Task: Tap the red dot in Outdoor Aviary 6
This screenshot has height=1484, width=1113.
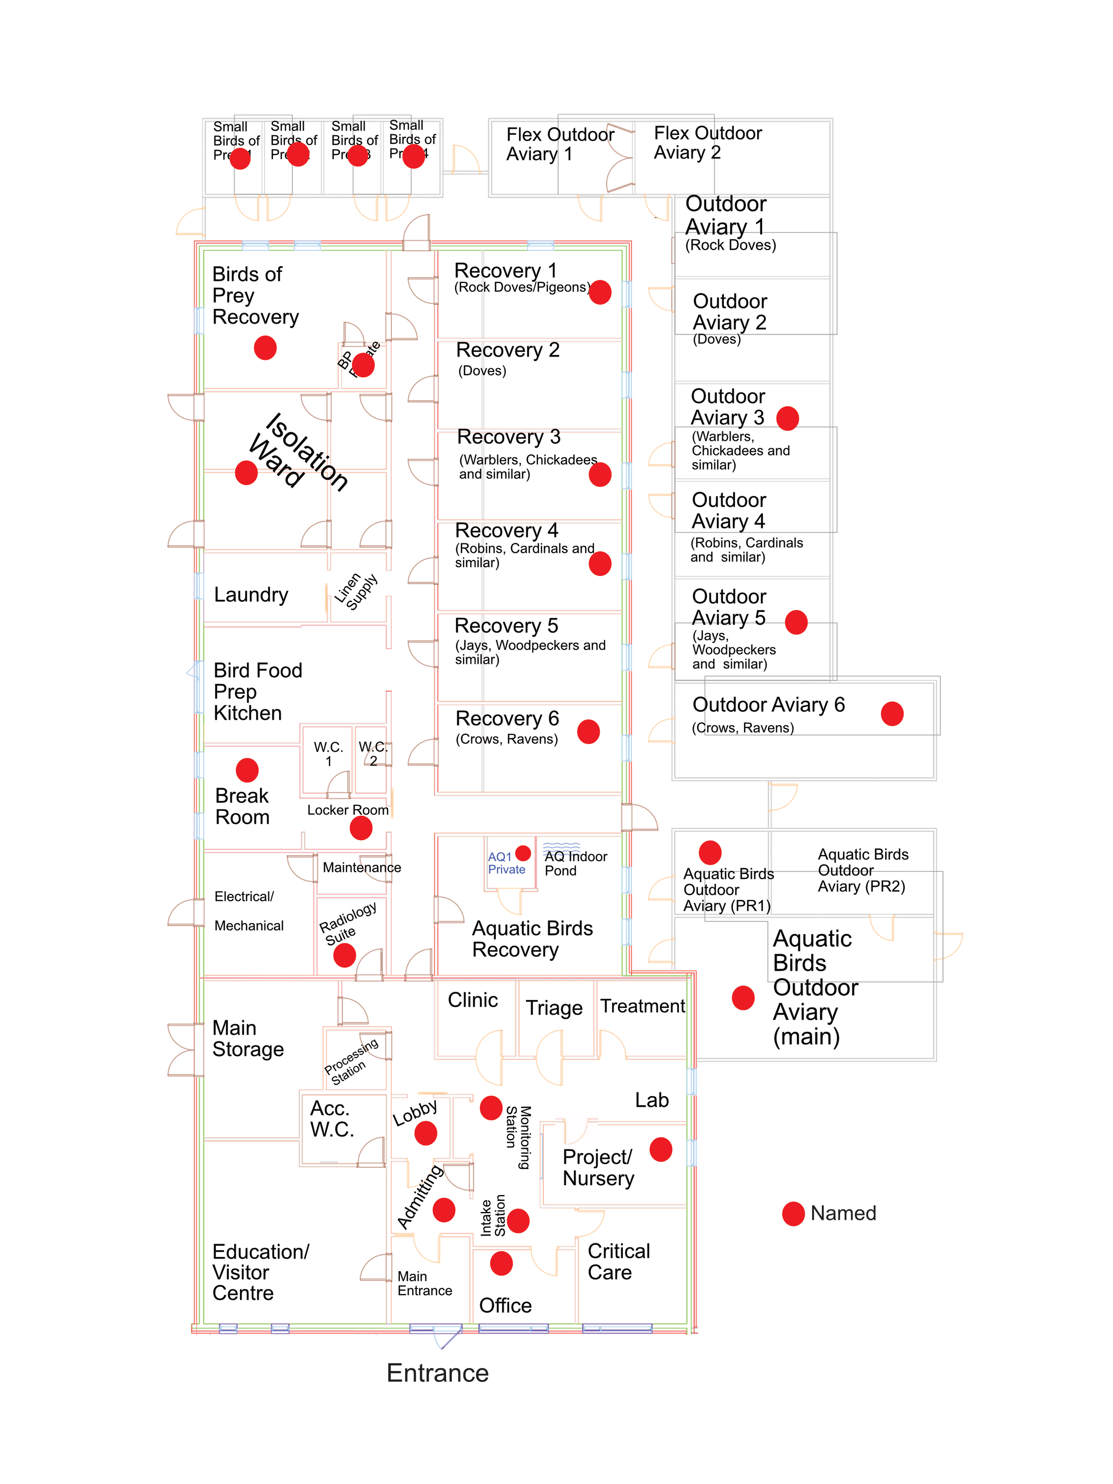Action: [892, 713]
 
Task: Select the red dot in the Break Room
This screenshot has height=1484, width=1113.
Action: [247, 770]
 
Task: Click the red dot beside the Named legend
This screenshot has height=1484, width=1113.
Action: [793, 1214]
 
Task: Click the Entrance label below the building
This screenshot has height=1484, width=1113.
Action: [438, 1373]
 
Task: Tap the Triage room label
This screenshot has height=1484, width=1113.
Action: [554, 1008]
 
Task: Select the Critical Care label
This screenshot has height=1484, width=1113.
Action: [618, 1262]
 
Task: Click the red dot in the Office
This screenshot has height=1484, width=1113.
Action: [501, 1263]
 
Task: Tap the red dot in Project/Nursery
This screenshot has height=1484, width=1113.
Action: [661, 1149]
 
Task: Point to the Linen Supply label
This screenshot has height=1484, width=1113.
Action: [356, 591]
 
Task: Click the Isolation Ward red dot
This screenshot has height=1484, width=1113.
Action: [246, 473]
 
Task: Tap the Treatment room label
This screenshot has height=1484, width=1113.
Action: [642, 1006]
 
